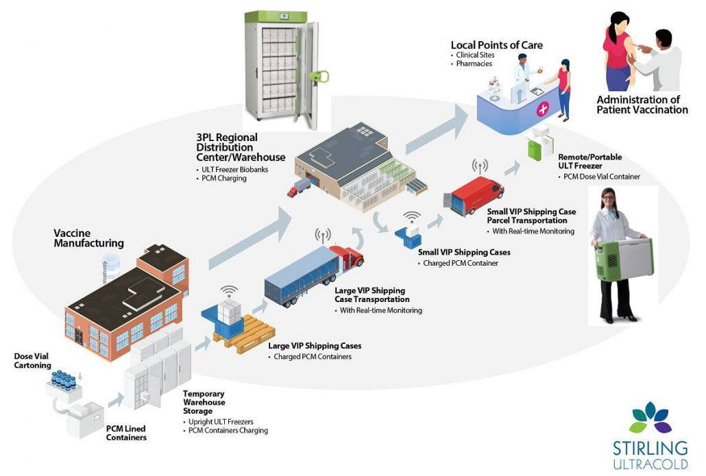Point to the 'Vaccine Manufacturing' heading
[88, 238]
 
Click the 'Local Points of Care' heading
[496, 45]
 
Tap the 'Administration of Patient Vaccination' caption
[642, 104]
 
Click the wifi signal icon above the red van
[479, 166]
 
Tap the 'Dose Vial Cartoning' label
[32, 360]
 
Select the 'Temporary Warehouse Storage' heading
[204, 403]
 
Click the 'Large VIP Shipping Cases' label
[315, 346]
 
